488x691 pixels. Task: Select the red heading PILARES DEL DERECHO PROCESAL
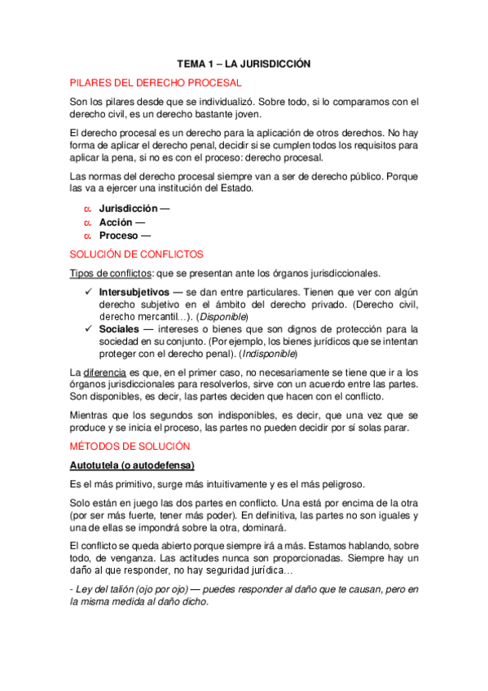click(156, 82)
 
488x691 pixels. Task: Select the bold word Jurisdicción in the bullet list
click(129, 209)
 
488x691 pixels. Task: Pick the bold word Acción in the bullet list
click(116, 222)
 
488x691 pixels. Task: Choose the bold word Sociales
click(120, 329)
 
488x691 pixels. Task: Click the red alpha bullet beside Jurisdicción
click(86, 209)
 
